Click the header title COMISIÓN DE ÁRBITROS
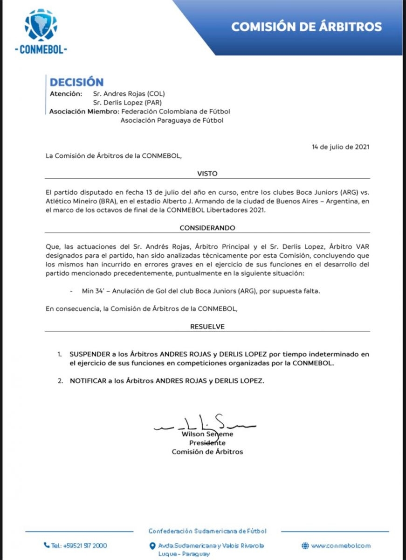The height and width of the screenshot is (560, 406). click(306, 26)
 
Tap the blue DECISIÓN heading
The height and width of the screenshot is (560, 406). click(77, 82)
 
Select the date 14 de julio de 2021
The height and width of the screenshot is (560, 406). click(341, 147)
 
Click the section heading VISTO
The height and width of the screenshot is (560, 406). click(207, 174)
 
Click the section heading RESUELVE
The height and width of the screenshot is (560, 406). click(207, 327)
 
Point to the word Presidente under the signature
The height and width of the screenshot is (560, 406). click(207, 443)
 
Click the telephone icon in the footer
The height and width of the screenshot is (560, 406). click(47, 545)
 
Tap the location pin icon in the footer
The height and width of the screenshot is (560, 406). click(152, 546)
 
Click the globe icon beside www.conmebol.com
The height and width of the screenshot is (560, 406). click(305, 545)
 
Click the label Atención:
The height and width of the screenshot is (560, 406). click(66, 94)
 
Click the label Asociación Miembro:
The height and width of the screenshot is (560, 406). click(83, 112)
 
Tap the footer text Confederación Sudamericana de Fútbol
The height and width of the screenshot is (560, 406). click(207, 531)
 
